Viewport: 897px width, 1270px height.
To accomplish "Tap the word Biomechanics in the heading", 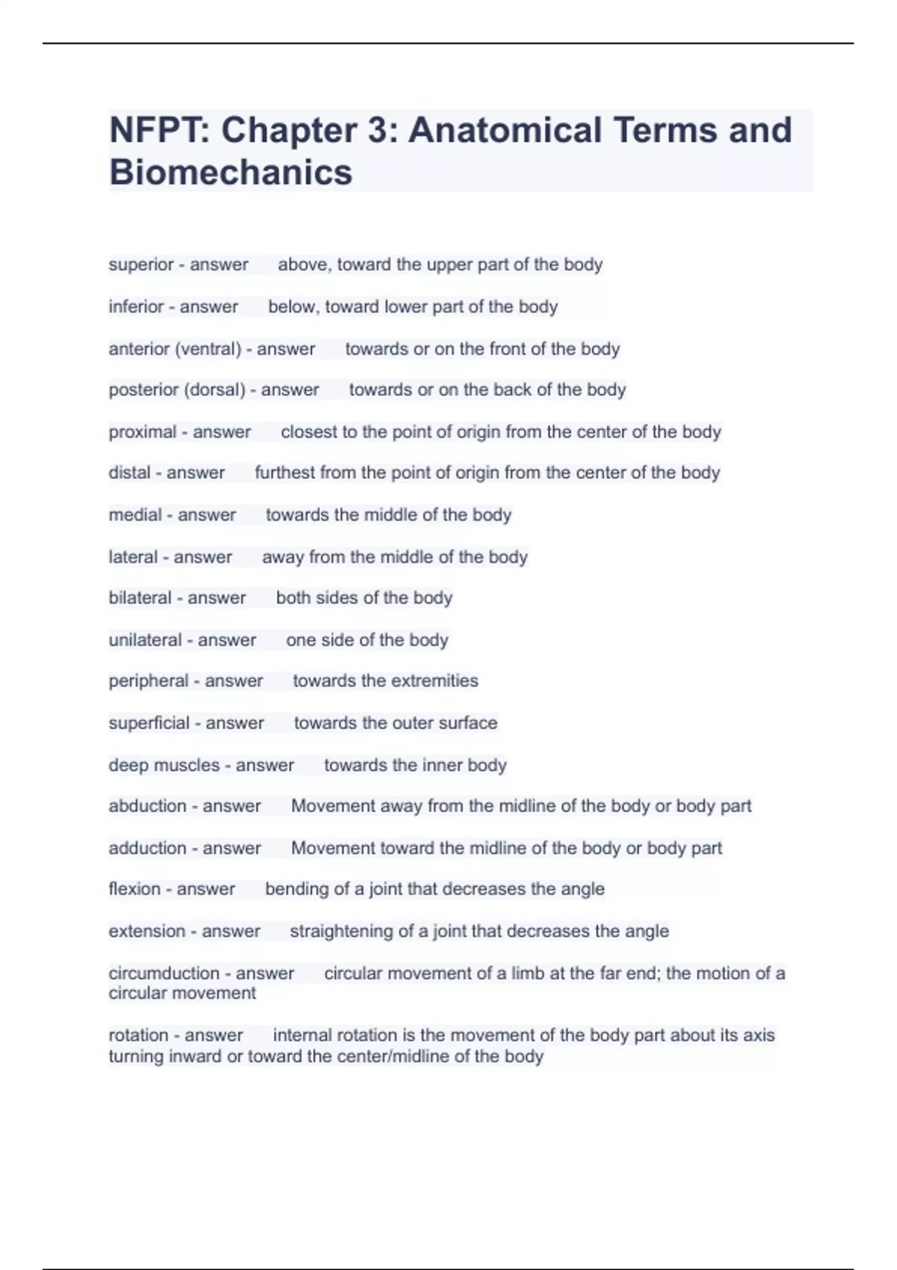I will [230, 173].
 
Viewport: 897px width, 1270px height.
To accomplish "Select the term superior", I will [141, 264].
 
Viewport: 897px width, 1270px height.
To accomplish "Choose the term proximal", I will [142, 432].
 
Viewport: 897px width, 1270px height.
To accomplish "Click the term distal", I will [129, 473].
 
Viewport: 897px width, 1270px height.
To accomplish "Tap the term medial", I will [135, 515].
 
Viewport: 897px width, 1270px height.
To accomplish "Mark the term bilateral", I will [140, 598].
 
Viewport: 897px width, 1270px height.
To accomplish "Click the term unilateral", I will [145, 639].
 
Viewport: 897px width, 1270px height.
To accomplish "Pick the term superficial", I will [149, 722].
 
